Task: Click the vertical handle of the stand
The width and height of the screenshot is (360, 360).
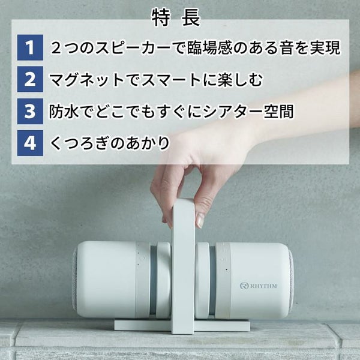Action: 184,264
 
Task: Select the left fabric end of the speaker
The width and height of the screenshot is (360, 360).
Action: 74,279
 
